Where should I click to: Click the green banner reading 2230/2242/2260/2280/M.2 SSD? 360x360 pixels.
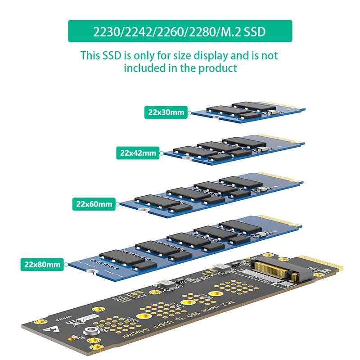(180, 31)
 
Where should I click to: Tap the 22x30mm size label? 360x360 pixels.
(166, 112)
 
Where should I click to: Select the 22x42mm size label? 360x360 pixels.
(138, 153)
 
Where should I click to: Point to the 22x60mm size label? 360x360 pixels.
(94, 204)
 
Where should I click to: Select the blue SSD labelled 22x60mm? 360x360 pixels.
(211, 193)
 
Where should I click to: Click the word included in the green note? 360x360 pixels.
(146, 68)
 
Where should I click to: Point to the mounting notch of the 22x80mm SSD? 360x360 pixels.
(92, 272)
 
